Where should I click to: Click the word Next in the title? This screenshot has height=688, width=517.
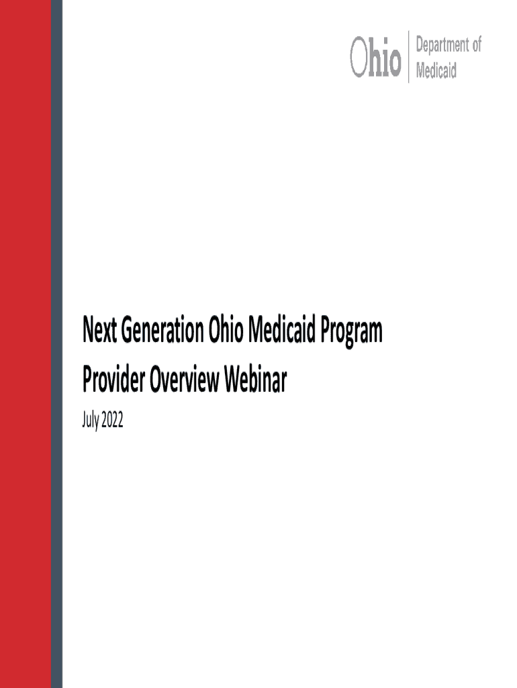[99, 330]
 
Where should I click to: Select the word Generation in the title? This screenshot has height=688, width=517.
[162, 330]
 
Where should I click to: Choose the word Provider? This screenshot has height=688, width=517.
[113, 379]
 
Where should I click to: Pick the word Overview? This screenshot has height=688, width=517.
[184, 379]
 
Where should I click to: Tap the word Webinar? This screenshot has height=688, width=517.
[255, 379]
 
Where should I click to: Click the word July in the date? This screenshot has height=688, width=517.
[91, 421]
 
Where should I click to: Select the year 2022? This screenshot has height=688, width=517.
[112, 420]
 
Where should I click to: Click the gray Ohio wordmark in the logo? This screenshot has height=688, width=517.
[375, 56]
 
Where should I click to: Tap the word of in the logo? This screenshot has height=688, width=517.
[477, 44]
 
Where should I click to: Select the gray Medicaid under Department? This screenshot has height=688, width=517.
[436, 70]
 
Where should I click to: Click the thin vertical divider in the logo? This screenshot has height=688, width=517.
[409, 56]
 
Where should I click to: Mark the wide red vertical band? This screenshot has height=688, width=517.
[26, 344]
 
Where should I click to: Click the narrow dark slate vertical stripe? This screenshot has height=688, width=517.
[56, 344]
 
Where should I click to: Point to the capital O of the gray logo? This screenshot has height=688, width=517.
[359, 57]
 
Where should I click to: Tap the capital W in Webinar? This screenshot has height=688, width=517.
[232, 379]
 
